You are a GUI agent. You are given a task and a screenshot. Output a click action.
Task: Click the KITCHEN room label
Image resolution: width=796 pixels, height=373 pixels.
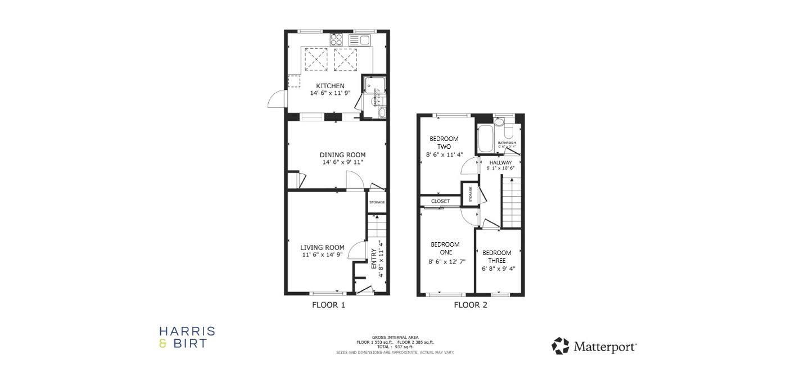point(330,86)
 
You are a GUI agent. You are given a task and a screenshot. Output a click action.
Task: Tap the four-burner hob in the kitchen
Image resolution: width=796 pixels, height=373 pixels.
point(336,40)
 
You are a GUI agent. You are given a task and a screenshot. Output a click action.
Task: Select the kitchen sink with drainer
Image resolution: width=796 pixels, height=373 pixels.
point(359,40)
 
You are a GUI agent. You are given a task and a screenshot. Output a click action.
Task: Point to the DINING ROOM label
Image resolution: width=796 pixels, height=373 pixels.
point(342,155)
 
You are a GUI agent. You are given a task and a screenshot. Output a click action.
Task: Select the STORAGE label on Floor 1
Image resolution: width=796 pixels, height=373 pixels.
point(377,202)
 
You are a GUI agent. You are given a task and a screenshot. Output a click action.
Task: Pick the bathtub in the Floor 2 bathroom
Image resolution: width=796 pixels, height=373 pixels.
point(485,139)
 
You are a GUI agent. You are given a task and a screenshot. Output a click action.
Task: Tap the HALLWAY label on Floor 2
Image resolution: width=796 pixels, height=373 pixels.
point(500,162)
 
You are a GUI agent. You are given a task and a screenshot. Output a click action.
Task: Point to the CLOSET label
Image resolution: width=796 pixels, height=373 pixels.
point(440,201)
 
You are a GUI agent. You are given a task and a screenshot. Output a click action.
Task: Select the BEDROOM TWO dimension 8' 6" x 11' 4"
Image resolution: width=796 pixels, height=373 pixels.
point(444,154)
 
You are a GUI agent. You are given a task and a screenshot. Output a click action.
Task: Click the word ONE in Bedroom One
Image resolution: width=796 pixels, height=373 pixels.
point(445,252)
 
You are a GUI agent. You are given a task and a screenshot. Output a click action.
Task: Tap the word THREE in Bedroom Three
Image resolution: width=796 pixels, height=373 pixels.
point(497,261)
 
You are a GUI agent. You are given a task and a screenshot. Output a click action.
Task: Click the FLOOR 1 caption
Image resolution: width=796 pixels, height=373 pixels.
point(328,306)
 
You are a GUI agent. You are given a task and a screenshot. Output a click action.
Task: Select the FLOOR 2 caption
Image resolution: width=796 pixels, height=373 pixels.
point(471,306)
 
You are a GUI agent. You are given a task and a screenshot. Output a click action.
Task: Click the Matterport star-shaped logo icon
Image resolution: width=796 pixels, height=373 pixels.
point(560,346)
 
